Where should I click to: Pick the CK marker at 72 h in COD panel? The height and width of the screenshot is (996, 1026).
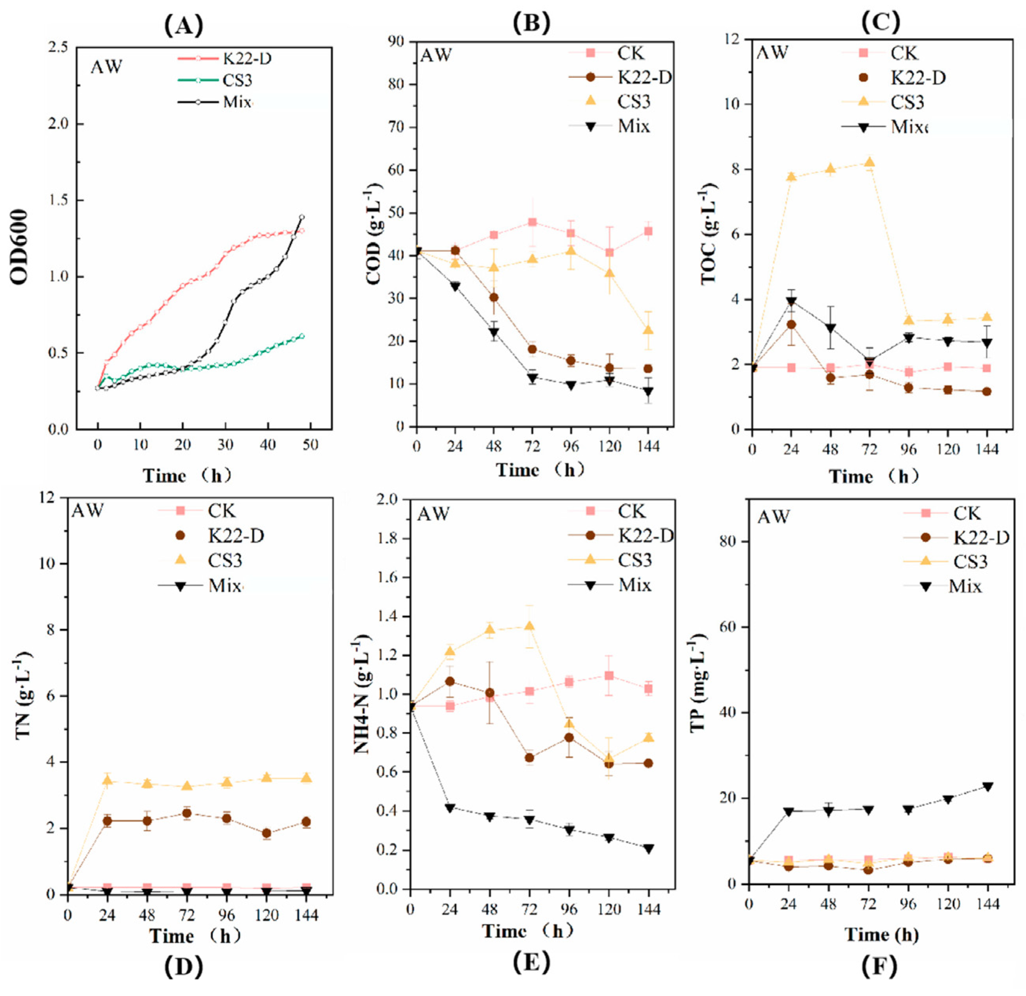tap(532, 222)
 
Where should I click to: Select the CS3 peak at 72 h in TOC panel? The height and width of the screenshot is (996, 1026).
tap(870, 162)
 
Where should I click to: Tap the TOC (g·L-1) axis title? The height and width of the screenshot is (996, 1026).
tap(708, 233)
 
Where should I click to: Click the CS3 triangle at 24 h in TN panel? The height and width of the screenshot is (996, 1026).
tap(107, 780)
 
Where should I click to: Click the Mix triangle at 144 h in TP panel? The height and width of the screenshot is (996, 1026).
tap(987, 786)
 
